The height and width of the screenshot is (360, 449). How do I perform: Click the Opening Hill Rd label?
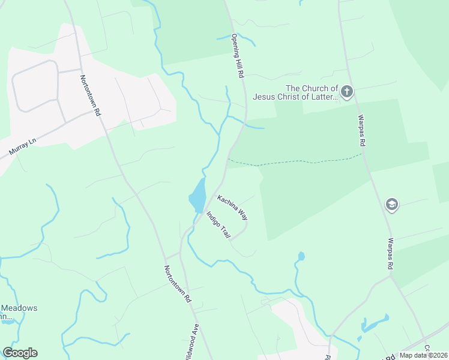(238, 55)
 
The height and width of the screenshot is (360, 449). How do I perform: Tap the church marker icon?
(346, 92)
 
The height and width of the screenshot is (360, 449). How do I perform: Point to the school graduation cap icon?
(392, 205)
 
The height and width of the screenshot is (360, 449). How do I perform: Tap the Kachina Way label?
(232, 206)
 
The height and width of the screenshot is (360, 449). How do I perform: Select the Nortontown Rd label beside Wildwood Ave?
(178, 283)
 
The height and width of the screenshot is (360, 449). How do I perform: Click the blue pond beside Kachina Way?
(197, 196)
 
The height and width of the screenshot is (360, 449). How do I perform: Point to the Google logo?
(20, 353)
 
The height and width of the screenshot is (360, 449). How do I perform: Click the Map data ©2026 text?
(423, 355)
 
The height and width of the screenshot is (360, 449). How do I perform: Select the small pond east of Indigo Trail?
(301, 257)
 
